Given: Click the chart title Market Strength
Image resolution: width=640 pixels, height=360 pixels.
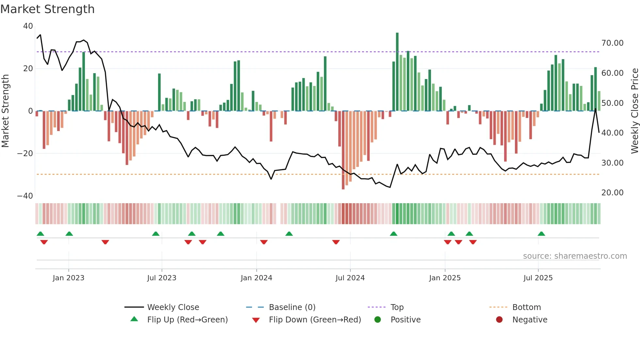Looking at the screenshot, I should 47,9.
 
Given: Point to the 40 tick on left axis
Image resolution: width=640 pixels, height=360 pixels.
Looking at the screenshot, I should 28,26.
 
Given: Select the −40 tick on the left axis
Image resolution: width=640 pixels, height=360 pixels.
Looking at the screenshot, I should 25,196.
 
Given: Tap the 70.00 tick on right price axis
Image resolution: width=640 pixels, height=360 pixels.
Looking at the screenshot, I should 612,43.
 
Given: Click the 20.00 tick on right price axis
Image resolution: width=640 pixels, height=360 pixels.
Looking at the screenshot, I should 612,193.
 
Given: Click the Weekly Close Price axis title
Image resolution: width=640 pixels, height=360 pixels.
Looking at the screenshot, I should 634,111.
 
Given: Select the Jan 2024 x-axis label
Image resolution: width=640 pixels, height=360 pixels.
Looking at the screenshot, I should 256,278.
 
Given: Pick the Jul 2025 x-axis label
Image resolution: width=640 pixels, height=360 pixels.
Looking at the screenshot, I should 538,278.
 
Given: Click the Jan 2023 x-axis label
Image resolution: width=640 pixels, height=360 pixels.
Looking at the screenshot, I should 69,278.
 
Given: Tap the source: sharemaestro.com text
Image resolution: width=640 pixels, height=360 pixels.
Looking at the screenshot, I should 575,256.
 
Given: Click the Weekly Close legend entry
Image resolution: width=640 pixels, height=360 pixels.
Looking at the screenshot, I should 173,307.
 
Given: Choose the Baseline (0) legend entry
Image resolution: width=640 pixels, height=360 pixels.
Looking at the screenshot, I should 292,307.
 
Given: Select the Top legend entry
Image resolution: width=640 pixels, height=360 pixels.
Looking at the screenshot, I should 397,307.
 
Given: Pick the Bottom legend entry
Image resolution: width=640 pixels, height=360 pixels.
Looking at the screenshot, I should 526,307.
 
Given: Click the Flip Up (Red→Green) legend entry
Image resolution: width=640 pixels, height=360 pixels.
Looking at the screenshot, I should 187,320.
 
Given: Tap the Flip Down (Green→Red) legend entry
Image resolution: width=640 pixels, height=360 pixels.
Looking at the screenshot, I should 315,320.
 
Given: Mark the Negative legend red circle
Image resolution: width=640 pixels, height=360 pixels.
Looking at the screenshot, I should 499,320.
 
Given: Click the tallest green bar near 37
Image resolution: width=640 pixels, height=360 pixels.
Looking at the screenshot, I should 397,72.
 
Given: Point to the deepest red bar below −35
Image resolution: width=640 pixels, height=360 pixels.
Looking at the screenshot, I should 343,150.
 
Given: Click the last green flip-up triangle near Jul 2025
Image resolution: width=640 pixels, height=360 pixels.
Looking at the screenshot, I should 541,234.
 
